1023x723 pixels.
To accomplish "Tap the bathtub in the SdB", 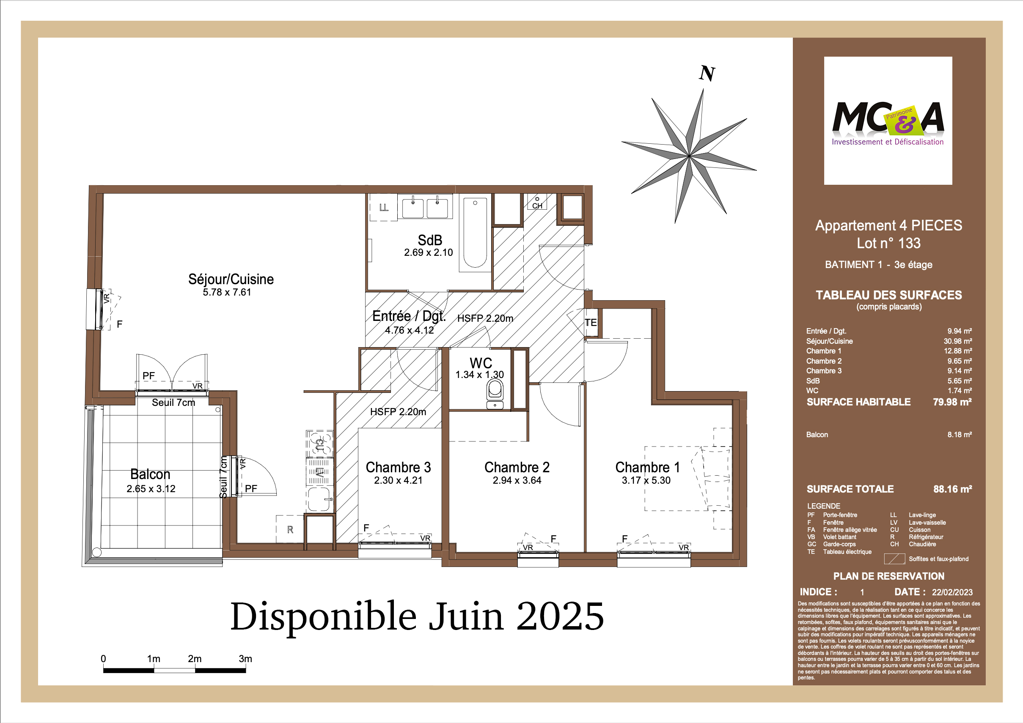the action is (x=475, y=233).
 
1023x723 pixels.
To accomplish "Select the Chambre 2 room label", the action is (x=517, y=467).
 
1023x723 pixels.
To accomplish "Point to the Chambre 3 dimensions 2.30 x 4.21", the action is (x=398, y=480).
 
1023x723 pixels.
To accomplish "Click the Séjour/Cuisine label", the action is (x=231, y=279).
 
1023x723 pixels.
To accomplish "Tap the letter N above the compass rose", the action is (x=707, y=74).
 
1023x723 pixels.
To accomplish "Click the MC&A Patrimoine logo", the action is (x=888, y=120).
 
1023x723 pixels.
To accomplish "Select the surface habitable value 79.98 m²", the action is (x=952, y=402).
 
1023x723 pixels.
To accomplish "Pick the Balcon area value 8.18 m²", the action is (x=959, y=435).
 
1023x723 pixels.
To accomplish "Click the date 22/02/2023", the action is (x=952, y=592).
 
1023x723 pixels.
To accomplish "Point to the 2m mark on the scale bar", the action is (x=195, y=658).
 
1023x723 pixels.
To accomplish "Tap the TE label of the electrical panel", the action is (x=591, y=322).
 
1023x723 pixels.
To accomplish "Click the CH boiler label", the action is (x=537, y=205).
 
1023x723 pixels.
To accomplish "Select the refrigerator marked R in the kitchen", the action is (x=290, y=529).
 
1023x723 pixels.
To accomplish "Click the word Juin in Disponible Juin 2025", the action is (x=466, y=616).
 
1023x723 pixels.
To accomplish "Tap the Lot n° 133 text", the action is (x=888, y=243).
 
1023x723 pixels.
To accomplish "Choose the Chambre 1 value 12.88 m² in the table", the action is (x=957, y=351).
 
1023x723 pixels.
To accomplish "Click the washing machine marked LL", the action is (x=384, y=208).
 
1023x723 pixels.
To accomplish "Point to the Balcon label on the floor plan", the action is (x=150, y=474).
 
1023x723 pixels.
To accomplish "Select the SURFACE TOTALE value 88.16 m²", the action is (x=953, y=489).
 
